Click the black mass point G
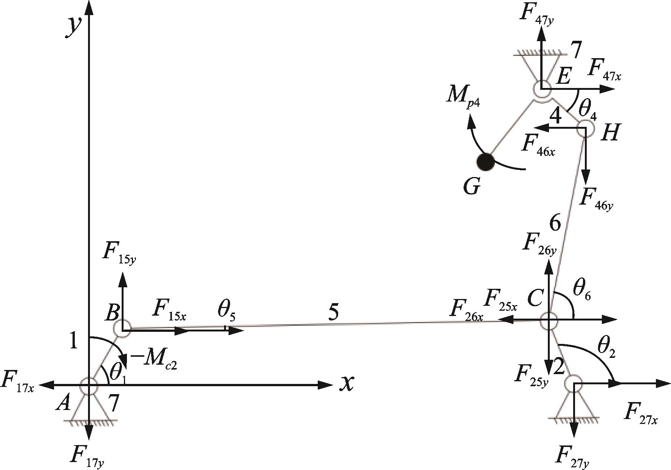point(485,162)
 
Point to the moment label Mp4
point(462,97)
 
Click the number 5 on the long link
point(333,313)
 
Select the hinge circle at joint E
point(542,89)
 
